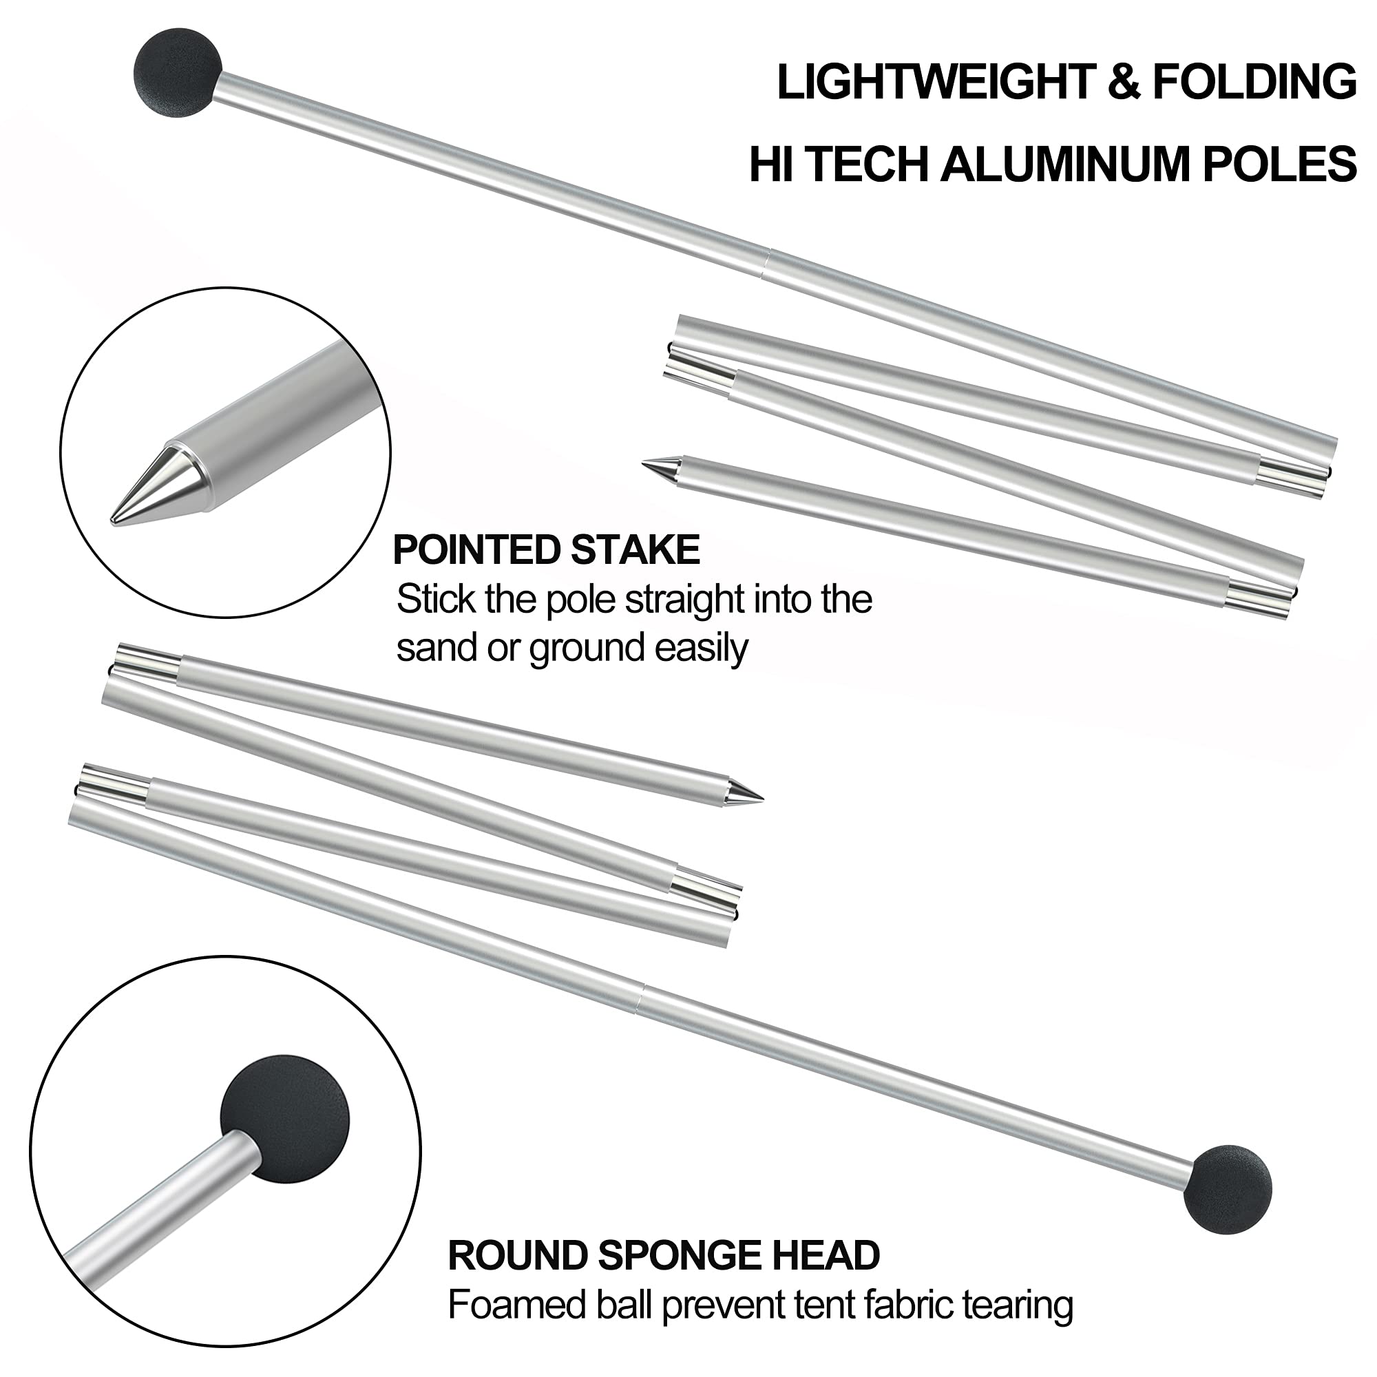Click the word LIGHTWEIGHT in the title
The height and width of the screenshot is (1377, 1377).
click(934, 82)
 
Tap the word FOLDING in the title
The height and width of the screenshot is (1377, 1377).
click(1254, 82)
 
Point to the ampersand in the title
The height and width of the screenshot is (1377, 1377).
click(1122, 82)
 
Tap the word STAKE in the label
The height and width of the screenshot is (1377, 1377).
click(635, 550)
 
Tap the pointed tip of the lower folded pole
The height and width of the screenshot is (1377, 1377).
click(762, 797)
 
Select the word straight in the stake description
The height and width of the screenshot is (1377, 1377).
click(697, 600)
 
